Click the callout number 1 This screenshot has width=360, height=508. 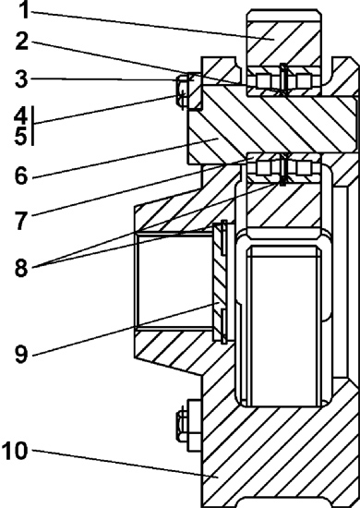tap(24, 10)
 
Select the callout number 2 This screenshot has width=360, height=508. tap(21, 42)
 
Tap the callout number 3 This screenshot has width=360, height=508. tap(21, 79)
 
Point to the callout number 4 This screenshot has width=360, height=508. tap(21, 115)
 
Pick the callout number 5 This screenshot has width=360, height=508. tap(21, 136)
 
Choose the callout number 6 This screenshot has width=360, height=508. tap(21, 175)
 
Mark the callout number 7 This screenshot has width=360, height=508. tap(21, 222)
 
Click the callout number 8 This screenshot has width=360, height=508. tap(21, 268)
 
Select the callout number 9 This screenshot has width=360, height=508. tap(21, 354)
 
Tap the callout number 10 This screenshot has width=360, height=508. tap(15, 451)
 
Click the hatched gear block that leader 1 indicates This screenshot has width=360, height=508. tap(284, 45)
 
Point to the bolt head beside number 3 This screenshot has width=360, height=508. tap(181, 91)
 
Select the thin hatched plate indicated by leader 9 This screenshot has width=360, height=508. tap(221, 282)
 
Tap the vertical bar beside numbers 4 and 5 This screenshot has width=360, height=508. tap(32, 126)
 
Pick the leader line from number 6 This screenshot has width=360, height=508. tap(125, 158)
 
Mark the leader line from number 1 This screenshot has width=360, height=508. tap(153, 25)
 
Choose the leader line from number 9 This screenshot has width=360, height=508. tap(126, 329)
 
